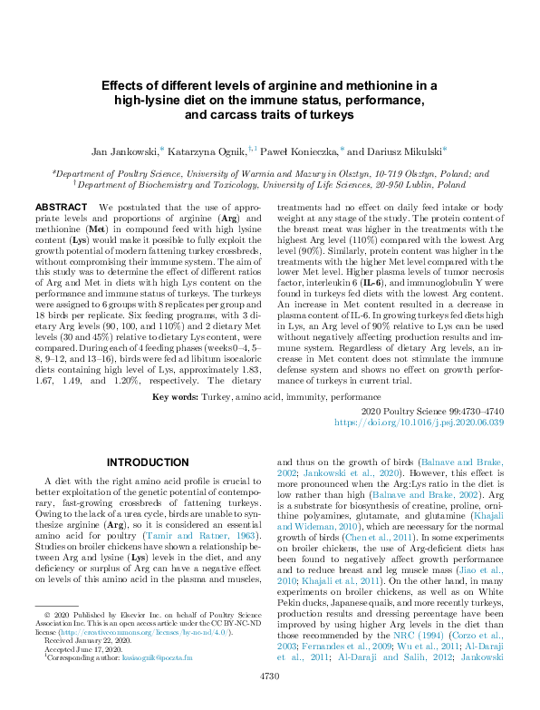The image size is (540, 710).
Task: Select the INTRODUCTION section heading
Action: [x=148, y=462]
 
